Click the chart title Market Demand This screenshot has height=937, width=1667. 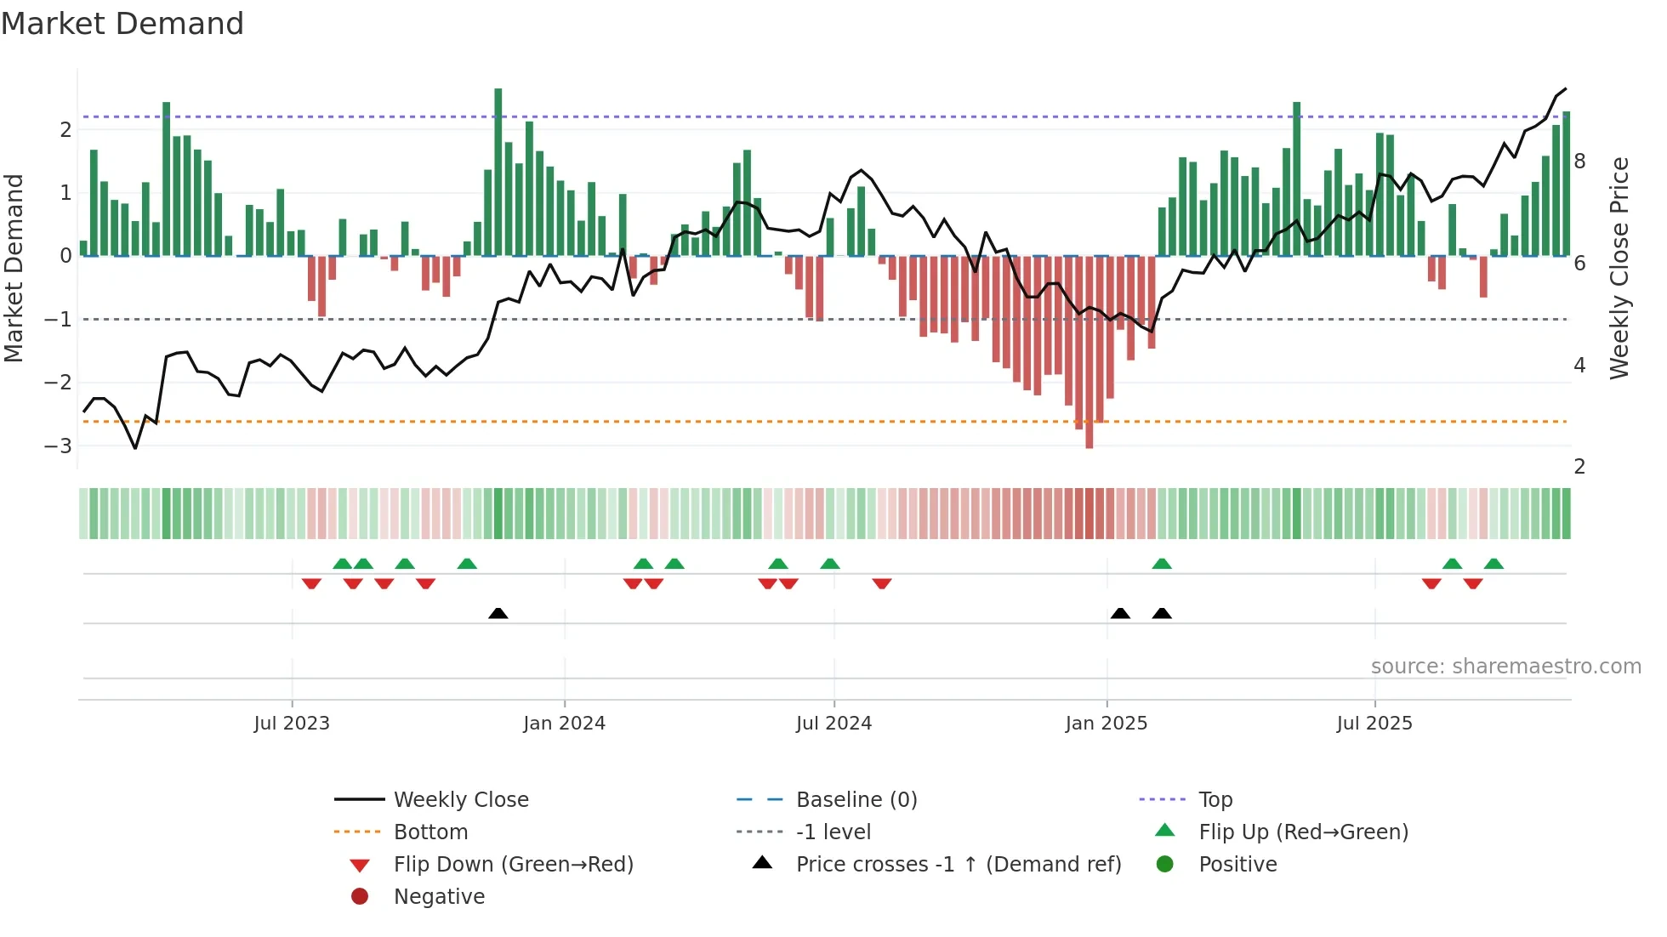click(122, 24)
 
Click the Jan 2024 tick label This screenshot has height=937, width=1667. click(564, 724)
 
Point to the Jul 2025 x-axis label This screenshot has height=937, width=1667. click(1374, 724)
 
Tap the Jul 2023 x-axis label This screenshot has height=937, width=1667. click(292, 724)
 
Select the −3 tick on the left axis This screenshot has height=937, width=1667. click(59, 446)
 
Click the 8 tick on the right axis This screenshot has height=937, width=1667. click(1579, 162)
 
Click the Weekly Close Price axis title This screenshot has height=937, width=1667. click(1619, 268)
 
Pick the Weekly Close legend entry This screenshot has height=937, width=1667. click(460, 799)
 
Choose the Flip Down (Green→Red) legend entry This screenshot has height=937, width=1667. click(513, 865)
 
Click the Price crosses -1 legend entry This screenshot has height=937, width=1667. click(958, 865)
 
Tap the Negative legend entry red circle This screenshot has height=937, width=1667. click(360, 897)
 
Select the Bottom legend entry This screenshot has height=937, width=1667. click(430, 832)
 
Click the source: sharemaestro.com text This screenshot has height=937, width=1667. click(1505, 667)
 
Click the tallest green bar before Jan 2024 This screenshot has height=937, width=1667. click(498, 170)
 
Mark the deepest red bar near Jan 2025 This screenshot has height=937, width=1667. click(1089, 353)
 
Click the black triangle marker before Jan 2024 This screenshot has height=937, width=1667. click(498, 613)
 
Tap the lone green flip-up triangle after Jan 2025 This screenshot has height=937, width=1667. click(1162, 564)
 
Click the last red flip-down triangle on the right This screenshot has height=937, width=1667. click(1473, 583)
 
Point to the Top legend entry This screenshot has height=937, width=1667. click(1215, 799)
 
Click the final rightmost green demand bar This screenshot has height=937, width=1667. click(1566, 183)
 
